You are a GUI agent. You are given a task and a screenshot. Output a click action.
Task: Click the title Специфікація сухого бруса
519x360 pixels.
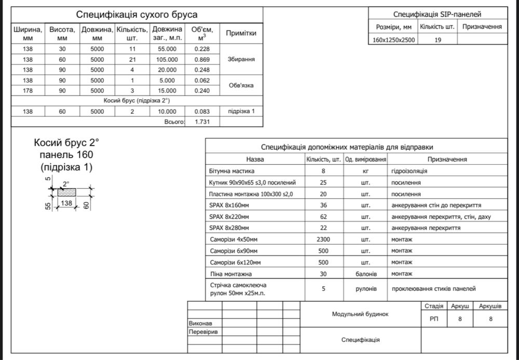click(137, 15)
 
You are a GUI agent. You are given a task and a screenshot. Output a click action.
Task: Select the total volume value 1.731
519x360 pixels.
click(201, 122)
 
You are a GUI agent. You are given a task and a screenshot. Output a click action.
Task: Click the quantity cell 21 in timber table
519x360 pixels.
click(132, 60)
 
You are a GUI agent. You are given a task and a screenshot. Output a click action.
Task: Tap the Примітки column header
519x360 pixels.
click(241, 33)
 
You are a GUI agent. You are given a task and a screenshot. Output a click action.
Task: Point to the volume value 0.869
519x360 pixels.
click(201, 60)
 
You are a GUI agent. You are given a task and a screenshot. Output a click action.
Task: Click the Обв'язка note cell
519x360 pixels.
click(241, 86)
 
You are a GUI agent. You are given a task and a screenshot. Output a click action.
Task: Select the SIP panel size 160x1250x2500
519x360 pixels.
click(394, 40)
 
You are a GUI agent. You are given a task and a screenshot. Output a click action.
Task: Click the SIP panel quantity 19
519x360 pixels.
click(438, 40)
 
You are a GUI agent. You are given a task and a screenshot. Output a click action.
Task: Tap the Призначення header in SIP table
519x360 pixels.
click(482, 26)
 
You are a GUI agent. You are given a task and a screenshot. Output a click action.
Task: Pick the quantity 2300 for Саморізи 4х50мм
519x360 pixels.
click(323, 239)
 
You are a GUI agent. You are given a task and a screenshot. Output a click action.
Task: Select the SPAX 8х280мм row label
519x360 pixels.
click(229, 228)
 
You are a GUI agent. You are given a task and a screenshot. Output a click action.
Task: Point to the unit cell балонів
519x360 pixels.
click(365, 274)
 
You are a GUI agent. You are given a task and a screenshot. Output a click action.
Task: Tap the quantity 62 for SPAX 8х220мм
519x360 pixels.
click(323, 217)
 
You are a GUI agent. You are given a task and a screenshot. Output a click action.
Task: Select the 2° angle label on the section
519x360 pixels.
click(66, 184)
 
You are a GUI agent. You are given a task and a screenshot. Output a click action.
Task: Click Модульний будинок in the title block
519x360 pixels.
click(360, 314)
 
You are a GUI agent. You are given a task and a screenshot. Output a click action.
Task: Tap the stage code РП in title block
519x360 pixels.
click(434, 319)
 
